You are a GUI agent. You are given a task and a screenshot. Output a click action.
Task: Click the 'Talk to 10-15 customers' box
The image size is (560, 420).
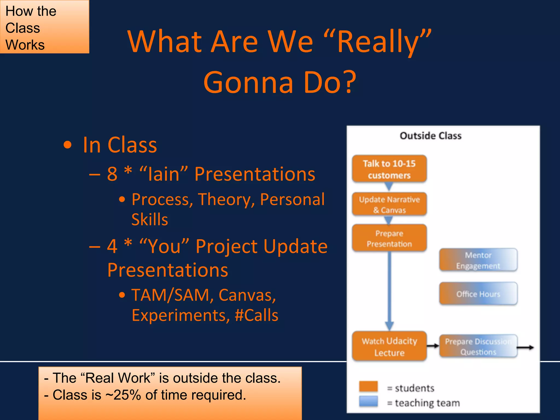pos(389,169)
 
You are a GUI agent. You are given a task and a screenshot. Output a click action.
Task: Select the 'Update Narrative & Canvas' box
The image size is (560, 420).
pos(389,204)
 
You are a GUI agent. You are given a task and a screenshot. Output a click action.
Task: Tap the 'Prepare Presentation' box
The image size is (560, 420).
pos(389,238)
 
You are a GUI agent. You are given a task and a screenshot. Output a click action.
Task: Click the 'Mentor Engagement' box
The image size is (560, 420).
pos(478,260)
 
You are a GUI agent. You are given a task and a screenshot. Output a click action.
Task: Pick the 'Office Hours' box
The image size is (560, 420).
pos(478,294)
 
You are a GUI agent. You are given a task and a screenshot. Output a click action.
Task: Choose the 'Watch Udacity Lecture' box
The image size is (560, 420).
pos(389,346)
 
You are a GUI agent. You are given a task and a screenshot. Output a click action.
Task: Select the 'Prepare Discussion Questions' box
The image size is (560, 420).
pos(478,346)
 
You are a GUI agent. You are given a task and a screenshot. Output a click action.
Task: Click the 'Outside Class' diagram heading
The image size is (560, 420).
pos(431,136)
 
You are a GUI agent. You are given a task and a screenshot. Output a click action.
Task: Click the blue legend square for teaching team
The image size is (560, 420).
pos(368,401)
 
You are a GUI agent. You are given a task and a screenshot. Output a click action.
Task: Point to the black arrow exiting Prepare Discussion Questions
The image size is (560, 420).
pos(526,348)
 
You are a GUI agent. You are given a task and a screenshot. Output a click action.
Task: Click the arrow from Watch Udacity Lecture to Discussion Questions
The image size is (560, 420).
pos(433,346)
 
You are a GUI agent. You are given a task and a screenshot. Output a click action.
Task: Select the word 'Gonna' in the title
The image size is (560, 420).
pos(248,82)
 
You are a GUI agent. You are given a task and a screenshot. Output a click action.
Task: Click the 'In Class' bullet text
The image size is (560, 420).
pos(120,145)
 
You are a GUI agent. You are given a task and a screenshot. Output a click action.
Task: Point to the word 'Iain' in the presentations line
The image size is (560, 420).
pos(164,174)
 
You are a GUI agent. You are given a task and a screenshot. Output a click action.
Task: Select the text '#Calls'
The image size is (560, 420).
pos(256,315)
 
